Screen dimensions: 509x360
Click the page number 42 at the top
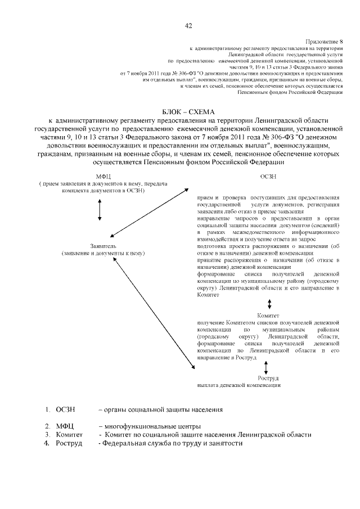point(188,25)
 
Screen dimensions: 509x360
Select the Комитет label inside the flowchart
point(268,316)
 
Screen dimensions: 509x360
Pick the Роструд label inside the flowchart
point(268,378)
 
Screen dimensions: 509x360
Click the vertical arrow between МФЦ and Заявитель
point(100,209)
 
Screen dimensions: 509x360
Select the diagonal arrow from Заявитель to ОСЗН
point(149,213)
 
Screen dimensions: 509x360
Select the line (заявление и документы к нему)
point(103,254)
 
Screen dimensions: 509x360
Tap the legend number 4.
point(48,443)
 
